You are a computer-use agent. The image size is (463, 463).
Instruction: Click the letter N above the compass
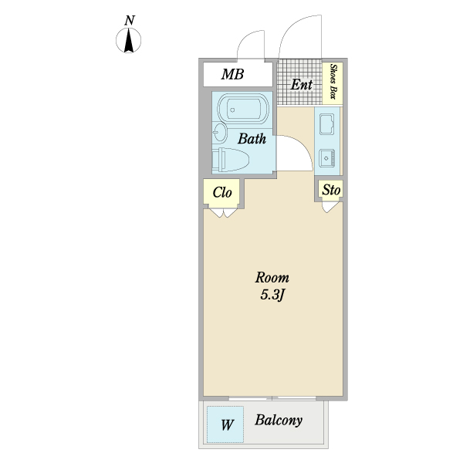tap(130, 21)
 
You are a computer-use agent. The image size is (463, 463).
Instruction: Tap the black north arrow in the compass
tap(128, 40)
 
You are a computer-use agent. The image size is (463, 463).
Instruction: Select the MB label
tap(232, 74)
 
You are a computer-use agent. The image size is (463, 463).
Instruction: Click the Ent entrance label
tap(301, 85)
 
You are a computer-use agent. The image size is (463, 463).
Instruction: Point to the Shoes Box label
tap(333, 82)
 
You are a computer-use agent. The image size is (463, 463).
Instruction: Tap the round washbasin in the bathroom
tap(219, 132)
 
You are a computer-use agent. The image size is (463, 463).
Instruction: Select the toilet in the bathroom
tap(231, 160)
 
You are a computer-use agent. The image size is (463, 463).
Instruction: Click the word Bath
tap(252, 138)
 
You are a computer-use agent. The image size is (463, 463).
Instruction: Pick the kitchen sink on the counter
tap(326, 124)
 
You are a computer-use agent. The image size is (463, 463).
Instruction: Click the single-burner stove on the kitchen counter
tap(327, 158)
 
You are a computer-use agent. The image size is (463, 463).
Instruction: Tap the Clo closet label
tap(222, 192)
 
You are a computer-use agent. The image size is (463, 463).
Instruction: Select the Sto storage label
tap(331, 190)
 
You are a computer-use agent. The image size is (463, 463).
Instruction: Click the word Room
tap(272, 278)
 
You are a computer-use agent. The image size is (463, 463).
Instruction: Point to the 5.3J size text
tap(272, 295)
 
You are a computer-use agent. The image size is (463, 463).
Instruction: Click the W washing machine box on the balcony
tap(225, 424)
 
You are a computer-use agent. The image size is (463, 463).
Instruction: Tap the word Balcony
tap(279, 421)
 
